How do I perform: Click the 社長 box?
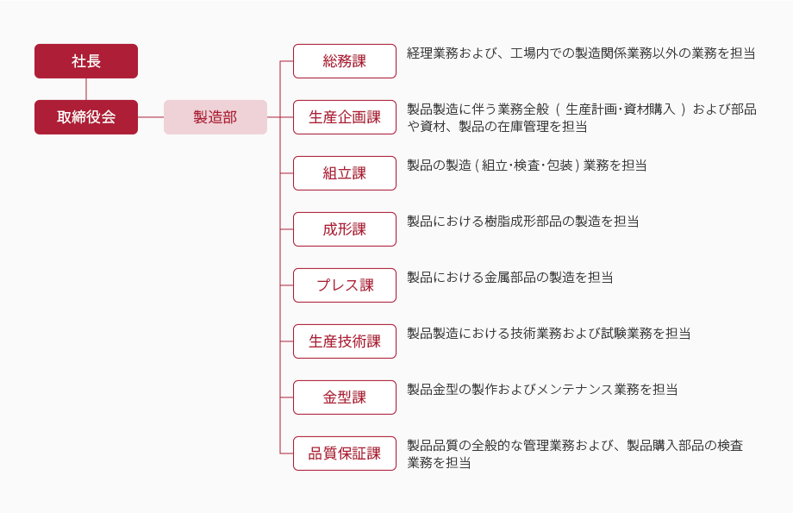click(86, 61)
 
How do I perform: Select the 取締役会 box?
click(86, 117)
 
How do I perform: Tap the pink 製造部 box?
click(215, 117)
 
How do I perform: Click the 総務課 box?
click(345, 61)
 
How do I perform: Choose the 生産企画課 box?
click(345, 117)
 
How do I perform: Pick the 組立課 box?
click(345, 173)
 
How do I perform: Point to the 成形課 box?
click(345, 229)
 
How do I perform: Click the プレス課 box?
click(345, 285)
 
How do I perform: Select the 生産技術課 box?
click(345, 341)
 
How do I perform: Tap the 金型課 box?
click(345, 397)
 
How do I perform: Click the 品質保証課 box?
click(345, 454)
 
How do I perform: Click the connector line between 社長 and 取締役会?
click(86, 89)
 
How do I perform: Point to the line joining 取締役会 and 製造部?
click(151, 117)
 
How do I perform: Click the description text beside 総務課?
click(581, 53)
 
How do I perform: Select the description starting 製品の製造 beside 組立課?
click(527, 166)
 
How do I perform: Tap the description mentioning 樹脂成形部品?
click(523, 221)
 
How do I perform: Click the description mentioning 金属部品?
click(509, 278)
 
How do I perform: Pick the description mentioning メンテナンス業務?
click(542, 390)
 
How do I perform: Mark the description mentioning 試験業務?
click(549, 334)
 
